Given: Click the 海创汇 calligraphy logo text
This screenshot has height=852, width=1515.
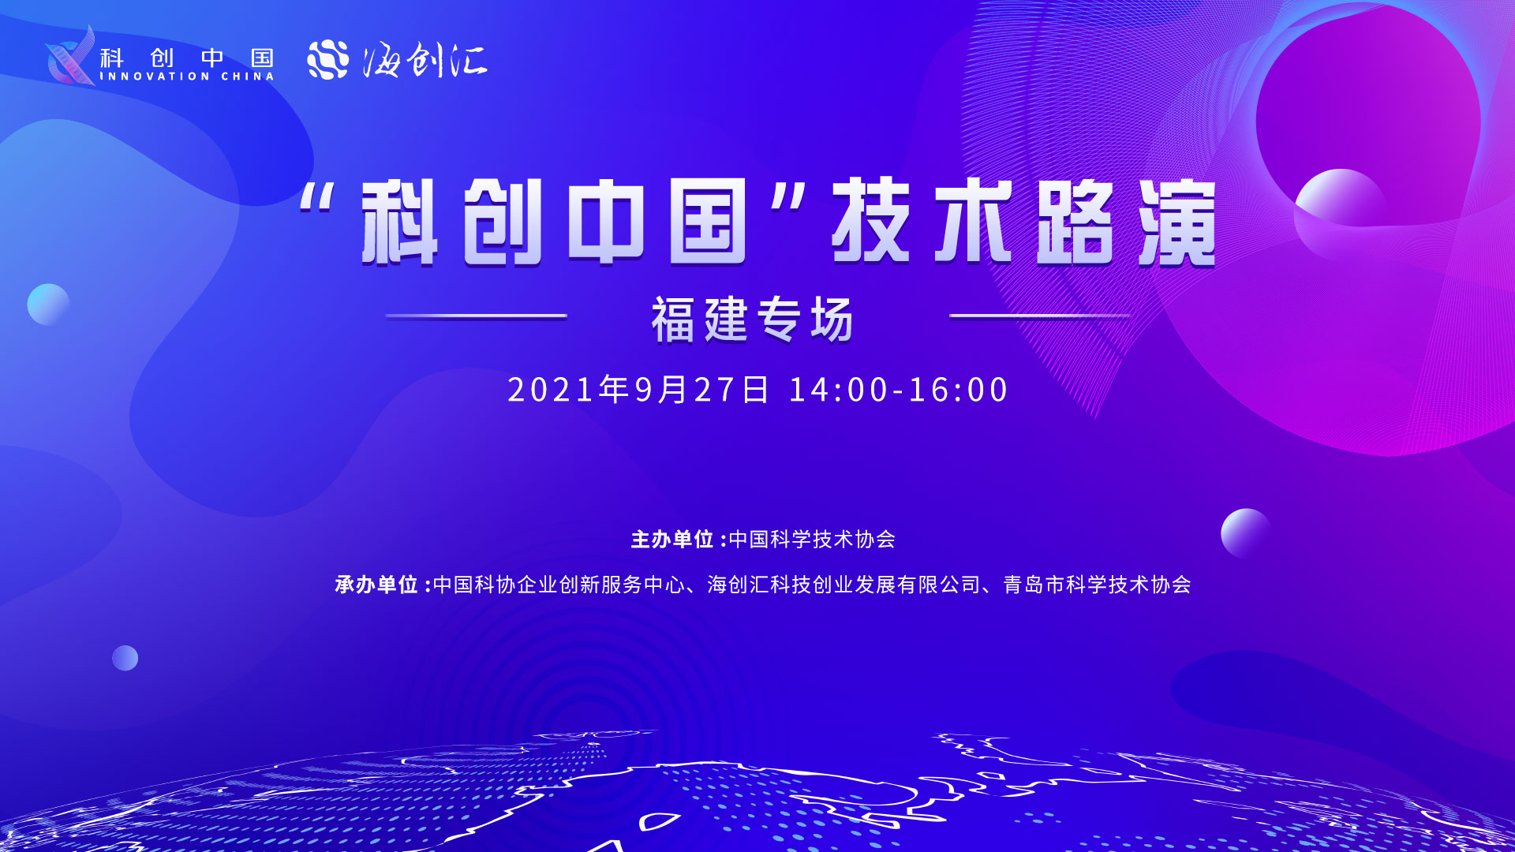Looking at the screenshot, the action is click(425, 60).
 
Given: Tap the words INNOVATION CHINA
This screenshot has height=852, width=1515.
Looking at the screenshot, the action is click(187, 77).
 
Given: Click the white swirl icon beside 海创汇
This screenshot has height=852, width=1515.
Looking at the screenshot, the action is click(327, 59).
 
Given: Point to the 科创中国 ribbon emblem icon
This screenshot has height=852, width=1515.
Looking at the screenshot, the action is click(71, 55).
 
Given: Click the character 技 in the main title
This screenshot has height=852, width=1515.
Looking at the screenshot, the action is click(871, 221).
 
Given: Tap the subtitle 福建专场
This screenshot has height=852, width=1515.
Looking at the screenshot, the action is click(752, 319).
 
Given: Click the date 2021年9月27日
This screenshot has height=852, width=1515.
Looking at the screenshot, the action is click(638, 390).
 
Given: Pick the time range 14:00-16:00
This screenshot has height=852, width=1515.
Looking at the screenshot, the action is click(898, 390).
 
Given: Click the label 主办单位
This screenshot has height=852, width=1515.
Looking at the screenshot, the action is click(672, 540).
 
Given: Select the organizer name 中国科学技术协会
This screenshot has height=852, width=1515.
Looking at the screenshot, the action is click(812, 540).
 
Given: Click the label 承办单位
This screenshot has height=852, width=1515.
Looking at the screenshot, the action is click(376, 585).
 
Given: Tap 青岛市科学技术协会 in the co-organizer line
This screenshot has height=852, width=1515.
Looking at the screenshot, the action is click(1097, 585).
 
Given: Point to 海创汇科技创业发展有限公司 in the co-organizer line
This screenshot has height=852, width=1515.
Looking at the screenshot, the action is click(844, 585).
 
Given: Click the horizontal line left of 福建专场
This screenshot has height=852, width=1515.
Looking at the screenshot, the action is click(477, 316).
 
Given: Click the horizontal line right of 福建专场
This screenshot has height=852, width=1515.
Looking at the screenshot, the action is click(1040, 316).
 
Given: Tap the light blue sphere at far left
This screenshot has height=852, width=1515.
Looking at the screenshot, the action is click(48, 305).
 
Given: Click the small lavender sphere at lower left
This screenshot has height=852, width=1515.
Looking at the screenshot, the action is click(125, 658).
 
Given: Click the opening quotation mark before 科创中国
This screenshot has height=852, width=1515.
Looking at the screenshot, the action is click(317, 198).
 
